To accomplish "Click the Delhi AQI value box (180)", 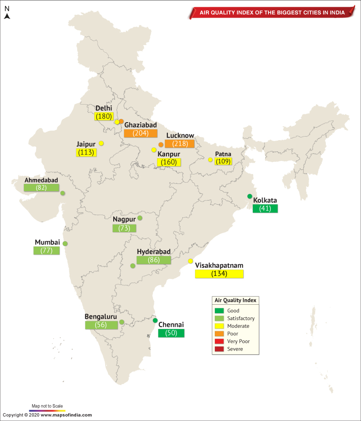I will [104, 117].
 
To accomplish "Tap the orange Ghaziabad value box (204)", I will [140, 133].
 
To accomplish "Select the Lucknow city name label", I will [180, 136].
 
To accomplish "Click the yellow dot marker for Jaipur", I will [102, 143].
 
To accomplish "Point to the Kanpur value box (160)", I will [169, 162].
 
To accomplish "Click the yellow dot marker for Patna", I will [210, 160].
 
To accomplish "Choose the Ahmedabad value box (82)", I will [42, 188].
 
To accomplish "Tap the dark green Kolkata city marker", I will [250, 196].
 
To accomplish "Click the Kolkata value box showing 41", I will [265, 209].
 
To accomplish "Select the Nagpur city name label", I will [124, 220].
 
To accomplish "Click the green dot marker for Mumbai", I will [65, 243].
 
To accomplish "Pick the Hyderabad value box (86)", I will [154, 260].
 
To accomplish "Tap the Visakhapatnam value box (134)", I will [219, 274].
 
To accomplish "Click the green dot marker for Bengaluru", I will [122, 322].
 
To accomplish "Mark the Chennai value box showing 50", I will [171, 333].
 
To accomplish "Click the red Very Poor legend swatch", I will [219, 341].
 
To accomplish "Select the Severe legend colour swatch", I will [219, 349].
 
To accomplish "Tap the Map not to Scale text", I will [47, 406].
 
